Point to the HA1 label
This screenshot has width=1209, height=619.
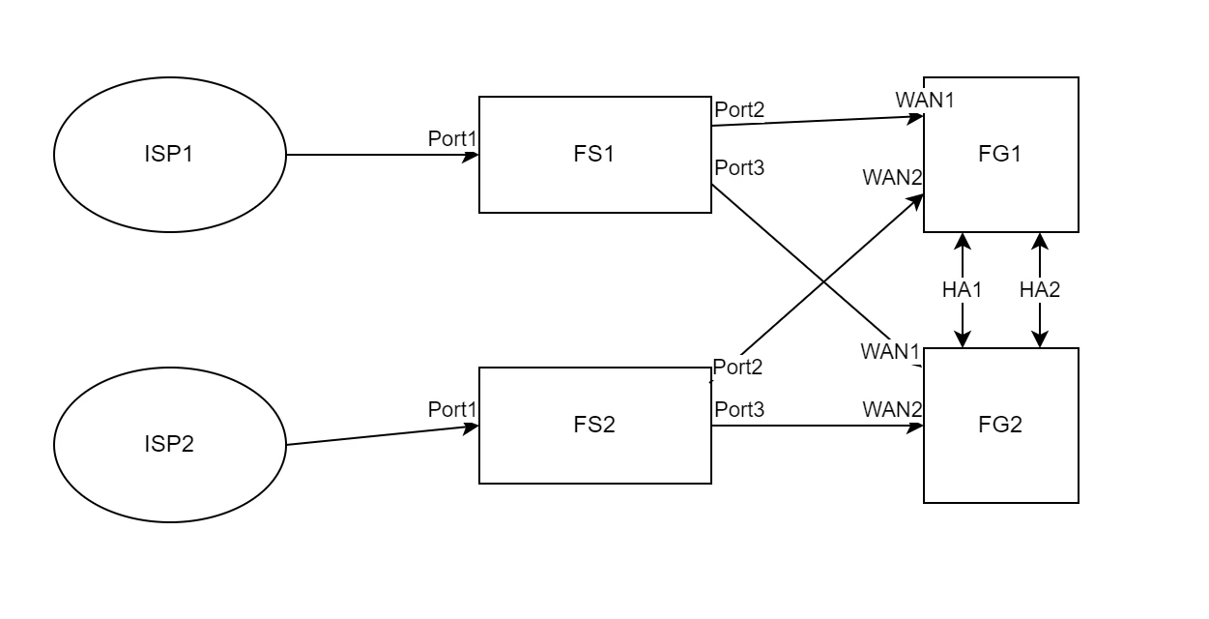[962, 290]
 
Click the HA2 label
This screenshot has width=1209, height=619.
[1040, 290]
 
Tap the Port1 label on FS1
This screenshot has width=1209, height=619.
[452, 139]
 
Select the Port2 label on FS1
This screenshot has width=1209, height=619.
[739, 110]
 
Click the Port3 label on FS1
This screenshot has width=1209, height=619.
[739, 168]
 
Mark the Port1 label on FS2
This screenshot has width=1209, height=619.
[452, 409]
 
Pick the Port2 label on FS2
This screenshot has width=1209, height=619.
[737, 368]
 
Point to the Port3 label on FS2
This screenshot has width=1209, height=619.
[739, 409]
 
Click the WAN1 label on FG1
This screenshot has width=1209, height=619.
[925, 100]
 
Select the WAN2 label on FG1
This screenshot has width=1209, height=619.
[892, 178]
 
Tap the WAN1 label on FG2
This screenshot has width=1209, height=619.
[890, 352]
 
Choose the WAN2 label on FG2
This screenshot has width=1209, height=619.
[892, 409]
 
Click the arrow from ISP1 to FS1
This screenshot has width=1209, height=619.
[383, 155]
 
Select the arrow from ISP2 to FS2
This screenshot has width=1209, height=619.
[383, 436]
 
